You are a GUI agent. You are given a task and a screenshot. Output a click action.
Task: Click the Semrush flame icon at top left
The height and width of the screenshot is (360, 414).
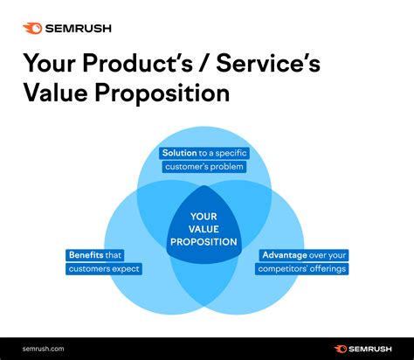[x=33, y=28]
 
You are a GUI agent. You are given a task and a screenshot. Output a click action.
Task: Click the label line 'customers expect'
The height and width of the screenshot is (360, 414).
[x=104, y=269]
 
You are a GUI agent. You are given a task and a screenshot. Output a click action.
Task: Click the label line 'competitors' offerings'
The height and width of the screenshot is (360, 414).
[x=303, y=269]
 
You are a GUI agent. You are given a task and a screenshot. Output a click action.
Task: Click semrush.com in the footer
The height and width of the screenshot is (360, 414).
[x=43, y=348]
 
